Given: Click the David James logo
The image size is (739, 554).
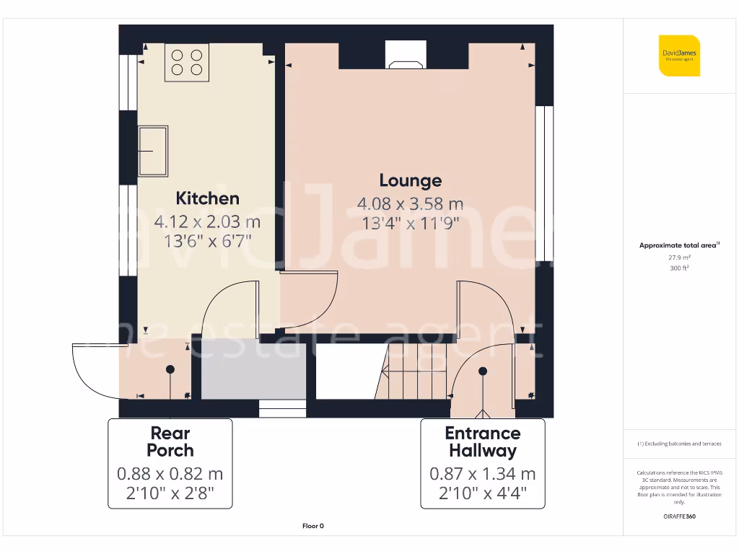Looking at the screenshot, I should point(679,56).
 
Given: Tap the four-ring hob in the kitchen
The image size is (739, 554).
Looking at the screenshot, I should point(186,62).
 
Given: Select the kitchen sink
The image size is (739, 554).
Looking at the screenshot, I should point(154,151).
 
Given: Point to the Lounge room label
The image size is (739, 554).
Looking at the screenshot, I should point(411,180).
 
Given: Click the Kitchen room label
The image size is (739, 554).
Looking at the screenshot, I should point(207,198).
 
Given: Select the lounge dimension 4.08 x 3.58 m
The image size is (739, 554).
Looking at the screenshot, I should point(411,204).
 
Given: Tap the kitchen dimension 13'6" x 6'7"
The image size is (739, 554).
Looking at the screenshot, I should point(207,241).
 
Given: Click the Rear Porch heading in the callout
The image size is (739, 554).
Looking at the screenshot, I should point(170,441).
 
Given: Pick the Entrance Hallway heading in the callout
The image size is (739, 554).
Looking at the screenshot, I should point(482,441).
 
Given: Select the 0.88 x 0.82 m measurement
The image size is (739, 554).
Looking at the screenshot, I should point(170,474).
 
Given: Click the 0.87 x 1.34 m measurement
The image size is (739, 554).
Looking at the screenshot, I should point(482,474).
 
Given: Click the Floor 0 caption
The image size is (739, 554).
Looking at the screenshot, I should point(312,527).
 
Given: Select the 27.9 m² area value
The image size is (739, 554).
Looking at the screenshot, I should point(679,257).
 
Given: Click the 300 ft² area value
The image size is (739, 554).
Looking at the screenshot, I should point(679,268).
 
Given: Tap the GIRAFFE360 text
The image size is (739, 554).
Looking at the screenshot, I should point(679,516).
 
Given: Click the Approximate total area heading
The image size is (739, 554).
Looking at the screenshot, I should point(679,245).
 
